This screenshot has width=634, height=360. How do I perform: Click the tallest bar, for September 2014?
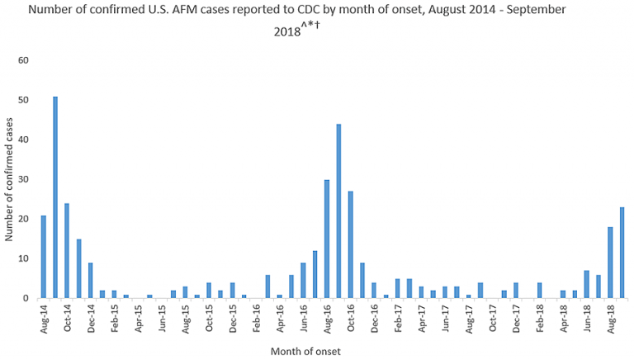(55, 197)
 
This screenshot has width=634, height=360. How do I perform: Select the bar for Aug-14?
(44, 256)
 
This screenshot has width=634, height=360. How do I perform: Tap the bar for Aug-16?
(327, 239)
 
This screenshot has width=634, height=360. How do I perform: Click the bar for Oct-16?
(350, 244)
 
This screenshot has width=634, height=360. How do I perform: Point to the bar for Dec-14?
(91, 280)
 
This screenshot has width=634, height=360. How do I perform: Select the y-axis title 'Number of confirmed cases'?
(9, 179)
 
